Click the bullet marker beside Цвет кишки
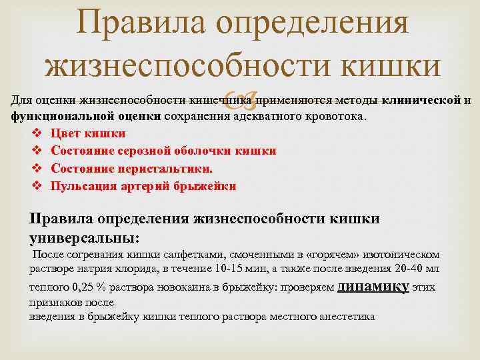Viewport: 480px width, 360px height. [37, 133]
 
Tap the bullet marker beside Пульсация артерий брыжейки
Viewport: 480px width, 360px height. [37, 186]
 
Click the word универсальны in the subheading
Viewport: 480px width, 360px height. [83, 237]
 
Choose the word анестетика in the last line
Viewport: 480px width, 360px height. [347, 317]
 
